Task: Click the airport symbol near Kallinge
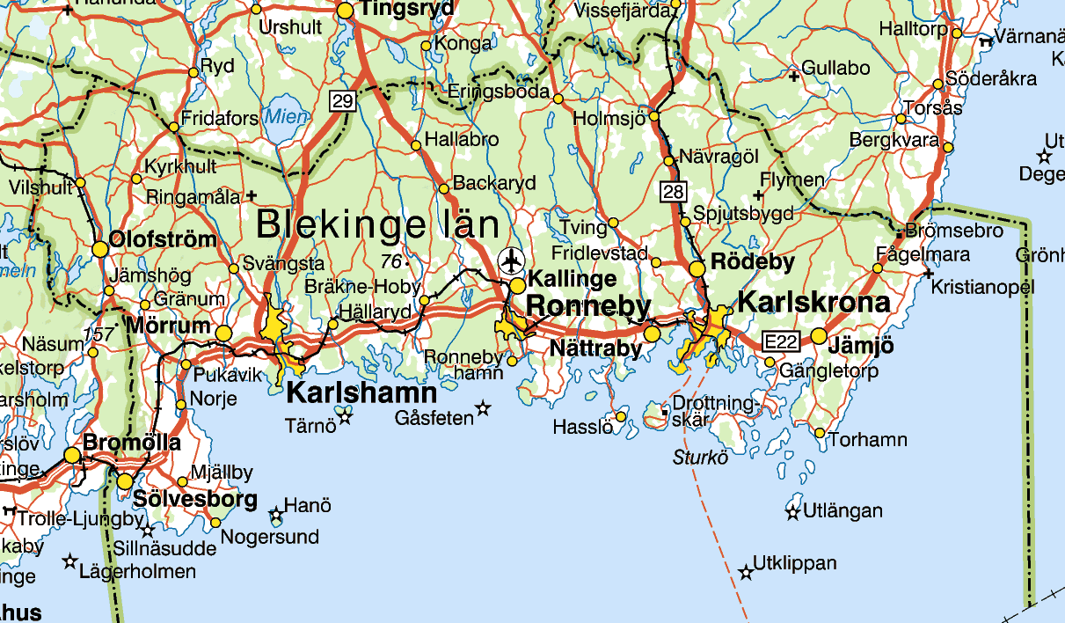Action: coord(511,261)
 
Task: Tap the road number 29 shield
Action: coord(342,101)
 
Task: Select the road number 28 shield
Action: coord(673,191)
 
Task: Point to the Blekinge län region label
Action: coord(377,225)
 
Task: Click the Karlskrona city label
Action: coord(813,303)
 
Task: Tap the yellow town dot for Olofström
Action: coord(100,250)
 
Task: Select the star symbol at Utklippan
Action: coord(746,573)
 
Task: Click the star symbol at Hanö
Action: coord(276,513)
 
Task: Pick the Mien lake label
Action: coord(287,117)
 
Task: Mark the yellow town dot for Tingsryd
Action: coord(346,11)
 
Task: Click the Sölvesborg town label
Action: coord(195,500)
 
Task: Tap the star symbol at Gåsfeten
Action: coord(482,407)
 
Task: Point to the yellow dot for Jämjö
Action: coord(819,335)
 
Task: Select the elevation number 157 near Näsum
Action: coord(99,334)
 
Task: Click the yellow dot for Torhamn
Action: coord(820,433)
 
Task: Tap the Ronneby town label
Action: coord(588,307)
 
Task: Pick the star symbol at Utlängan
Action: coord(793,512)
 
